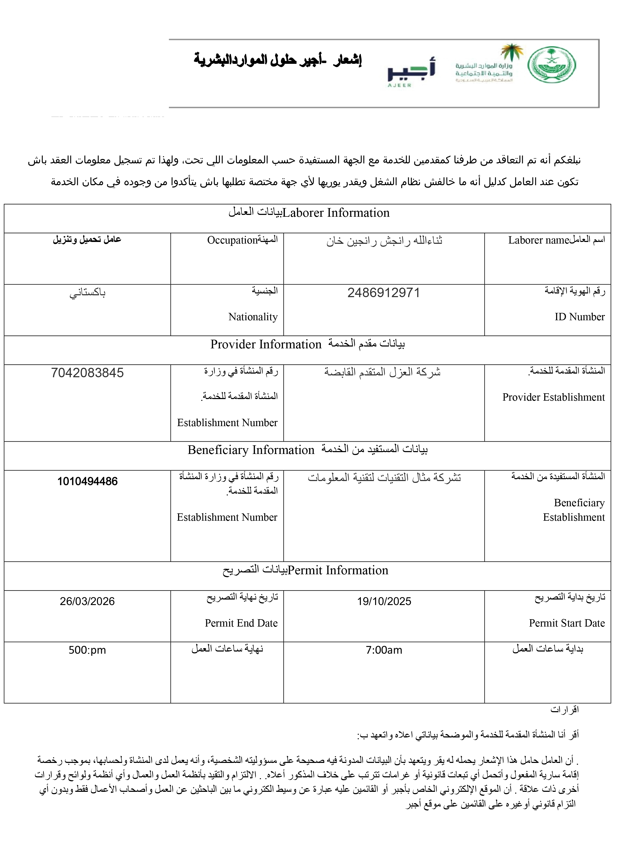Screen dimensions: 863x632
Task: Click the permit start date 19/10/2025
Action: click(384, 601)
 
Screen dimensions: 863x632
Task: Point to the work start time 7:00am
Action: click(384, 650)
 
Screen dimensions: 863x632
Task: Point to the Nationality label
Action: click(253, 317)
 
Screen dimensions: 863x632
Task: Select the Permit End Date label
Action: click(241, 623)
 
